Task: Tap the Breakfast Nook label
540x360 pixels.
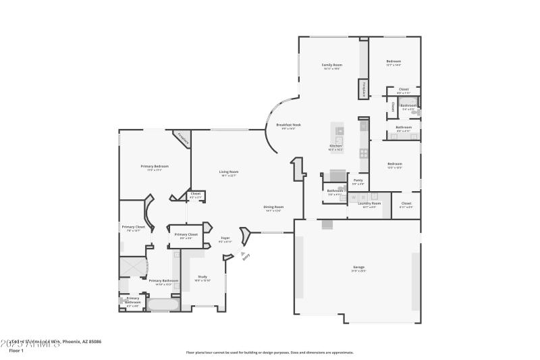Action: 288,126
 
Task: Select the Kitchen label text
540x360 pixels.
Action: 335,147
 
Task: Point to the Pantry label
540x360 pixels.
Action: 358,180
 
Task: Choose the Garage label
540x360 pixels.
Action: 358,267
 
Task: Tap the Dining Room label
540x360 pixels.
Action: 273,207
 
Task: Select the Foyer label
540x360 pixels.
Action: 226,238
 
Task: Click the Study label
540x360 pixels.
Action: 202,277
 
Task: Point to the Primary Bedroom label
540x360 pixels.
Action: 155,167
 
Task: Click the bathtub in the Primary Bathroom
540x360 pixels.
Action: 163,305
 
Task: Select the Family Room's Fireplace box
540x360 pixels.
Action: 364,89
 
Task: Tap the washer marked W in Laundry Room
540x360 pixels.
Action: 352,197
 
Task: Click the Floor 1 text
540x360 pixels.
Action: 16,351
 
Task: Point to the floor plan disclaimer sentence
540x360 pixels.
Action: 269,352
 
